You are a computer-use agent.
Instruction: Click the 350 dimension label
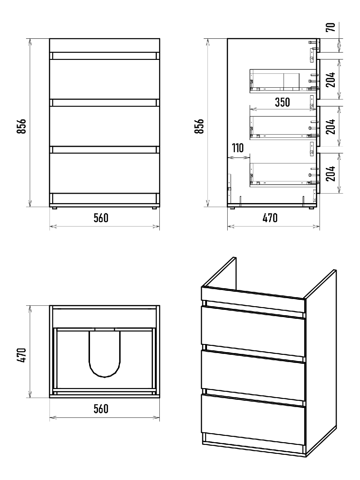pos(282,102)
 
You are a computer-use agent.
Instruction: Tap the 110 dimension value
pos(238,148)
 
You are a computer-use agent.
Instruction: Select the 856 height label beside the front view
pos(22,126)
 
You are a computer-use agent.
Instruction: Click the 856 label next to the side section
pos(199,126)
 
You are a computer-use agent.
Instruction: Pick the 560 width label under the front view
pos(101,217)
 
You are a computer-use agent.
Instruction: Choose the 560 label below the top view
pos(101,408)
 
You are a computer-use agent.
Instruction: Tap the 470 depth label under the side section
pos(270,217)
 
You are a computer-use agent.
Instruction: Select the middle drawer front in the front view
pos(104,126)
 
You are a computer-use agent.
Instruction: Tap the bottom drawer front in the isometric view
pos(253,420)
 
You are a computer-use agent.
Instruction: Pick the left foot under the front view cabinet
pos(55,208)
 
